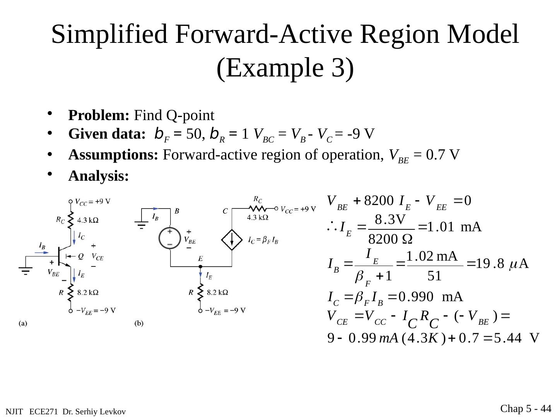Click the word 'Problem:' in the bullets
tap(99, 115)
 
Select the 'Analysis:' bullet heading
tap(98, 176)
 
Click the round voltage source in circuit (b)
tap(170, 238)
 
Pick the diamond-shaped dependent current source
tap(232, 240)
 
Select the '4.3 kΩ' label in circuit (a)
tap(88, 220)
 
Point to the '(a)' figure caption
tap(23, 324)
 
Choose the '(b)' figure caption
tap(139, 324)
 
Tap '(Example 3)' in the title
tap(285, 68)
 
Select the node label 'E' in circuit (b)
tap(200, 258)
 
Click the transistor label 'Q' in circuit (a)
tap(80, 256)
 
